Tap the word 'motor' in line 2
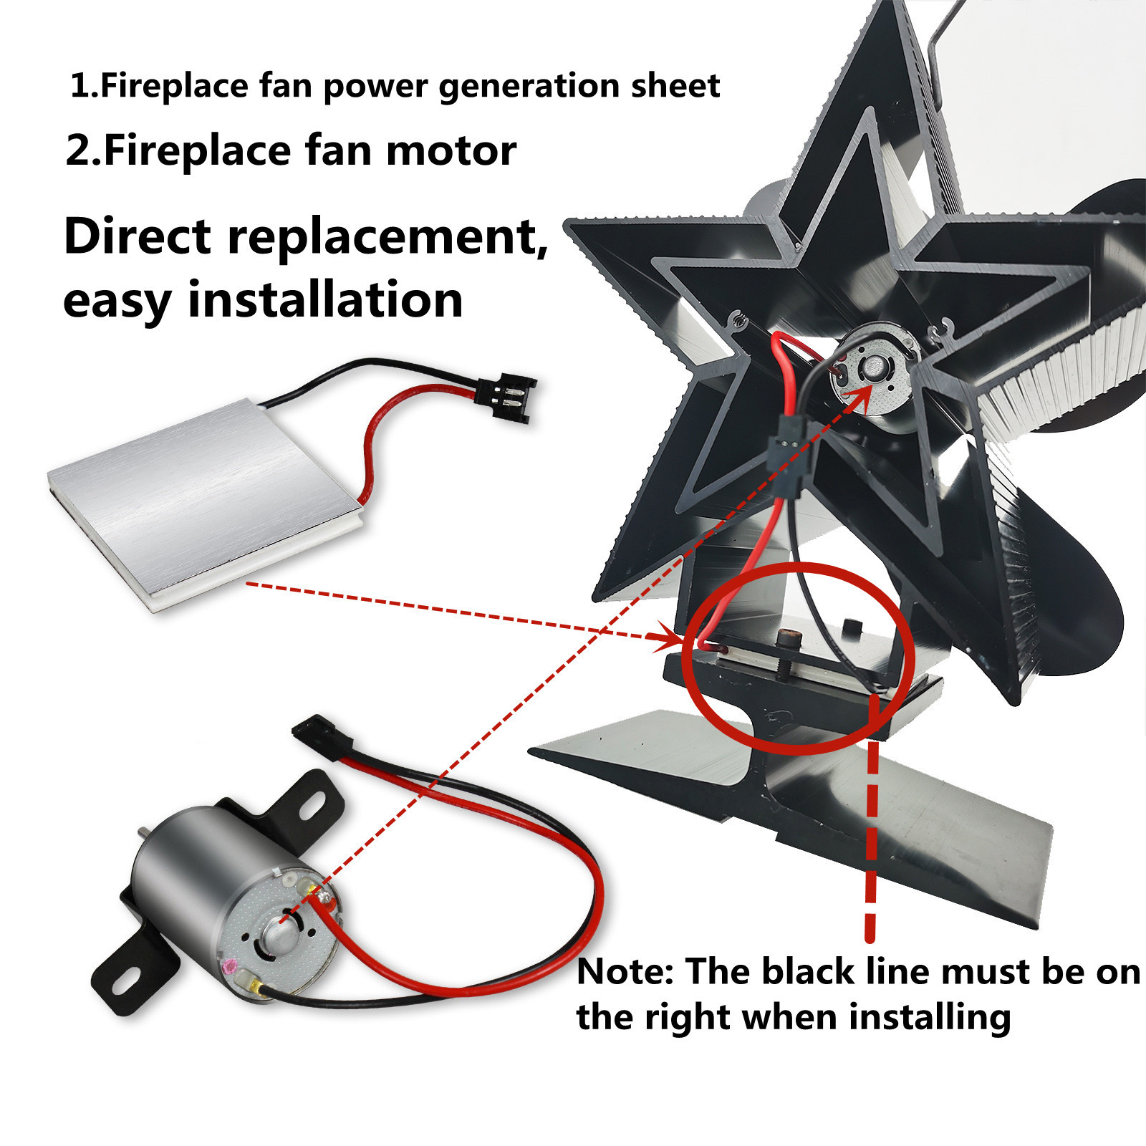point(451,151)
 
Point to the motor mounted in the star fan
point(874,372)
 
